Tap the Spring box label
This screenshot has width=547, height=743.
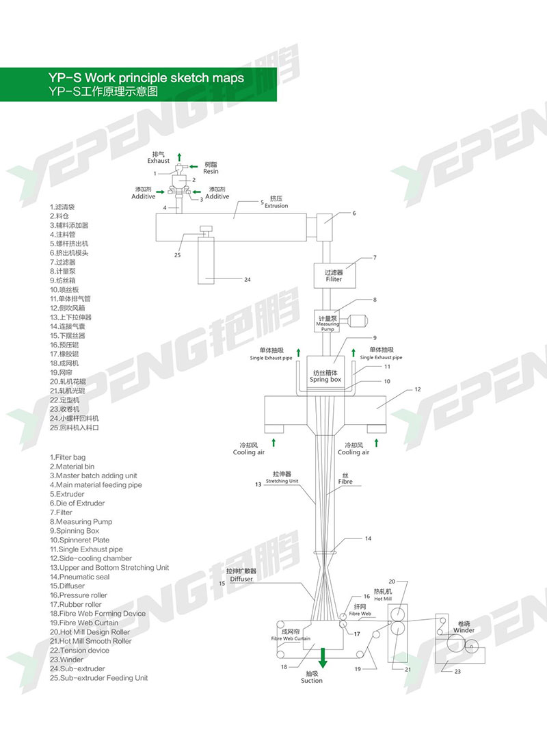(x=325, y=379)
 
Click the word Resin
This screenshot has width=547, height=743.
(x=211, y=171)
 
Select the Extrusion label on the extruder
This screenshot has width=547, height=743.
(x=276, y=206)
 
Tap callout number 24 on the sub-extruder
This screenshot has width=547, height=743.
(x=248, y=279)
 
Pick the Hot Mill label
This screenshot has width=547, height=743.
(x=383, y=598)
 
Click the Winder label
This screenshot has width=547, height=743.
(x=464, y=630)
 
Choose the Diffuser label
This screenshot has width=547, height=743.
(x=241, y=579)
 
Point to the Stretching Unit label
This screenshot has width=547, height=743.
(x=282, y=481)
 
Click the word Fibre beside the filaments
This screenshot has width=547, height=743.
(x=345, y=482)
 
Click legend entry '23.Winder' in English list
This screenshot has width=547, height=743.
(x=67, y=660)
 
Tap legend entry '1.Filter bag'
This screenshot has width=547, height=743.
(x=68, y=457)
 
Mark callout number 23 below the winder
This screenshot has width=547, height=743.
(x=457, y=671)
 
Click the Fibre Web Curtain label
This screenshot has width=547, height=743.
(x=291, y=638)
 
